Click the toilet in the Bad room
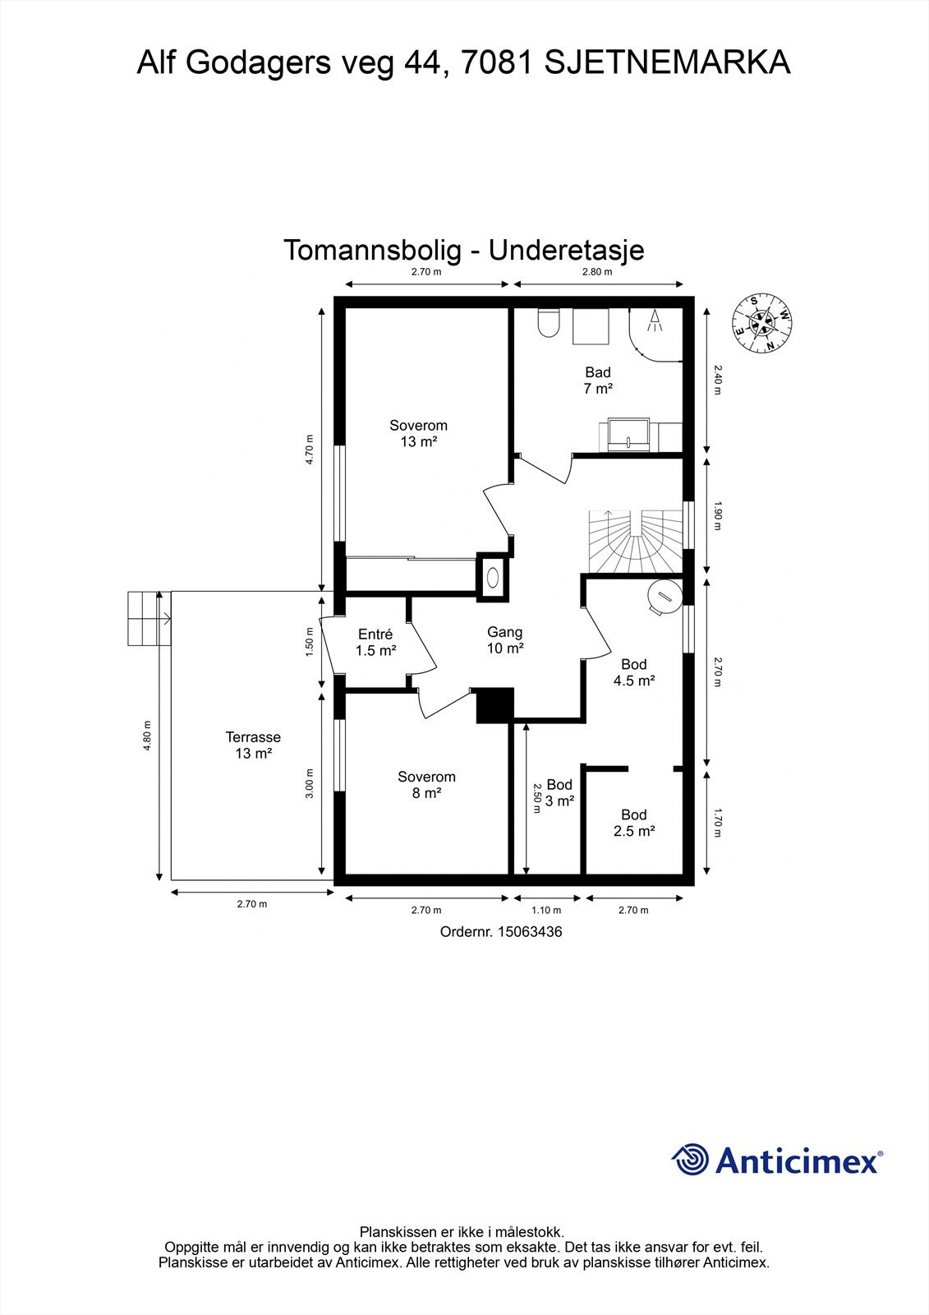coord(548,324)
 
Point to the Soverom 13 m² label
coord(418,434)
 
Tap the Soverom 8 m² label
coord(426,785)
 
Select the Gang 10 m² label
coord(504,640)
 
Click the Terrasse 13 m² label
coord(253,745)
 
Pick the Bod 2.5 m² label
coord(633,823)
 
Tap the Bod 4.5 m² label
coord(633,672)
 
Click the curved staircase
coord(636,542)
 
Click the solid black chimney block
coord(494,706)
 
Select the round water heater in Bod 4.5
coord(664,596)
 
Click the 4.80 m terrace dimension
coord(147,736)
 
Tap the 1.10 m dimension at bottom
coord(545,910)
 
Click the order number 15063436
coord(531,932)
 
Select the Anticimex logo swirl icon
coord(690,1160)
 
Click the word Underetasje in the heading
coord(566,250)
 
